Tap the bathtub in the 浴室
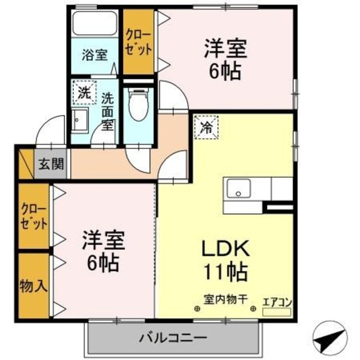tap(94, 25)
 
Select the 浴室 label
tap(94, 55)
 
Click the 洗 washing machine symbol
tap(83, 93)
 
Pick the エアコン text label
tap(277, 301)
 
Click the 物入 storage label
tap(33, 285)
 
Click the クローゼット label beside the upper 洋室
tap(138, 43)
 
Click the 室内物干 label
tap(226, 299)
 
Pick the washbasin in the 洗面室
tap(79, 120)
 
